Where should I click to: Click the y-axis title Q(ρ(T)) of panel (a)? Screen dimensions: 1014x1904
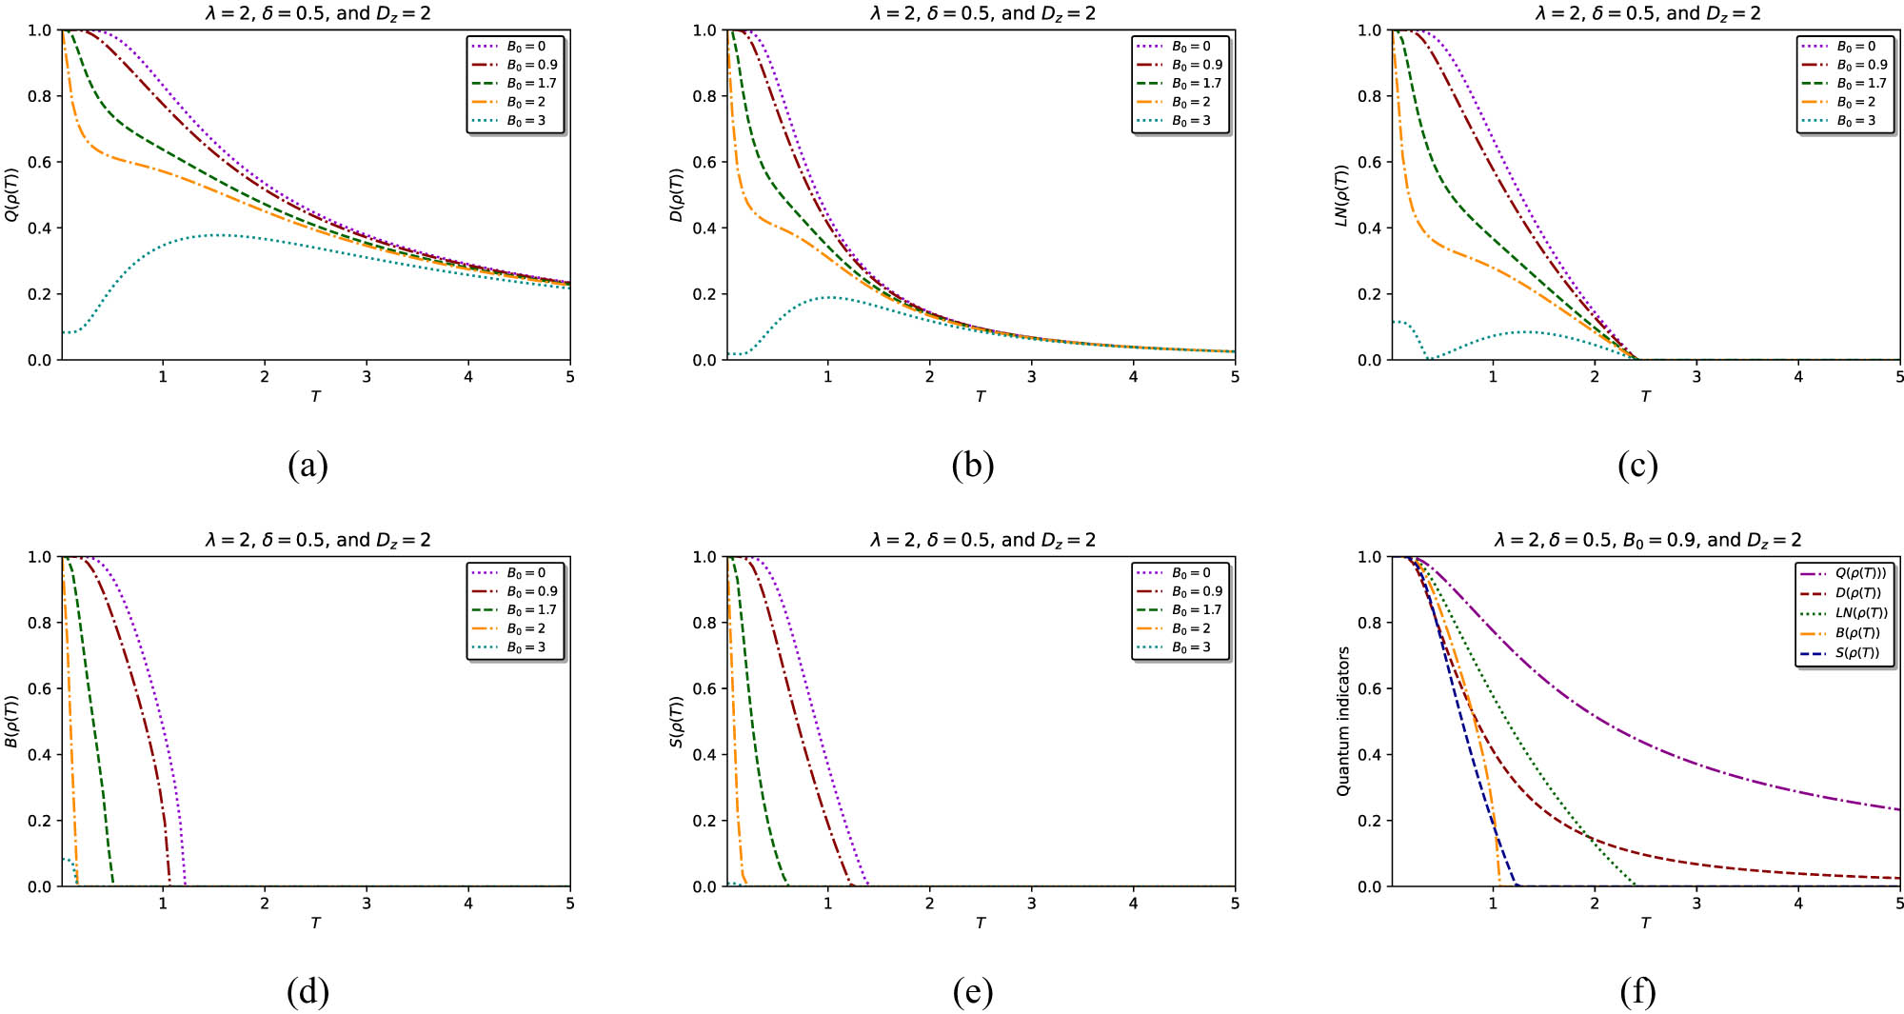tap(11, 195)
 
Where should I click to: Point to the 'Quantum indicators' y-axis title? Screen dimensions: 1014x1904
tap(1343, 722)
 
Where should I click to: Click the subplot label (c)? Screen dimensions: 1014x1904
tap(1637, 466)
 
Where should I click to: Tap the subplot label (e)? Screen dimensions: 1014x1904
tap(972, 992)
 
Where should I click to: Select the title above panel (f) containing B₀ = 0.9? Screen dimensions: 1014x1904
tap(1647, 540)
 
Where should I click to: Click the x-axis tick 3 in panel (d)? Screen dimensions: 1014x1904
tap(367, 904)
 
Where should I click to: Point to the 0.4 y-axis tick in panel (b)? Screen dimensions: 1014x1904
tap(704, 229)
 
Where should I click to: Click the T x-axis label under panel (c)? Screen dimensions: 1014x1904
tap(1645, 396)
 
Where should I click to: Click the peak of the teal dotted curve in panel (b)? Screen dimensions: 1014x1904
tap(830, 297)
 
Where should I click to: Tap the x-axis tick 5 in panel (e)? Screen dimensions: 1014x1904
tap(1235, 904)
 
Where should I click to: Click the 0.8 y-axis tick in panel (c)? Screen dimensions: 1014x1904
tap(1370, 96)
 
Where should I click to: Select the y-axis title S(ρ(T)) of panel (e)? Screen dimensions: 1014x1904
tap(677, 722)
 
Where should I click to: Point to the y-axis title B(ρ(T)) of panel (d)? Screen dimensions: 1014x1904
tap(11, 722)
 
